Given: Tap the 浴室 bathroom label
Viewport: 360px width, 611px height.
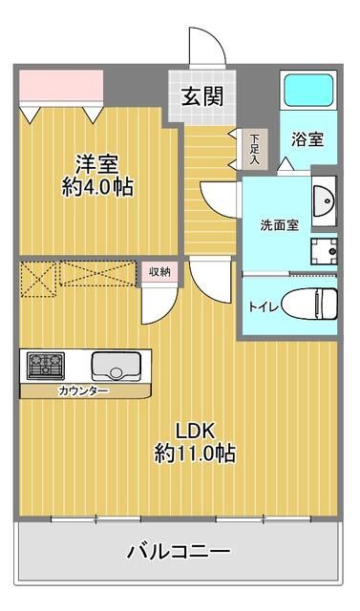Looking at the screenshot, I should pos(307,137).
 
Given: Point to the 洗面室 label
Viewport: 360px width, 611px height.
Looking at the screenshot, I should pos(281,225).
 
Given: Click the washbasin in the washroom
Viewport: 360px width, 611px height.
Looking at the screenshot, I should pos(325,201).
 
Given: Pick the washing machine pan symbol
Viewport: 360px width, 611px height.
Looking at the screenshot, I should pos(323,251).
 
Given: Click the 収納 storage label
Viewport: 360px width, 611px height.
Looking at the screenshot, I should pos(159,272).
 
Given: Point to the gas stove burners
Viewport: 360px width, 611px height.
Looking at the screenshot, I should pos(44,365).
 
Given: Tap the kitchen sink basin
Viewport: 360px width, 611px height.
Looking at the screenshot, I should pos(116,365).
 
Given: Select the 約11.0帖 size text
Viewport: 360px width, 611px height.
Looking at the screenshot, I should pos(195,453).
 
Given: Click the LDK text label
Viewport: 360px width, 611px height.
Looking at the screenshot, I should pos(195,429).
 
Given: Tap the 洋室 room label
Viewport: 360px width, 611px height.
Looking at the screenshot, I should pos(94,160).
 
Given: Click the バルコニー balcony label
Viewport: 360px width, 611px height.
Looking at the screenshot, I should pos(179,552).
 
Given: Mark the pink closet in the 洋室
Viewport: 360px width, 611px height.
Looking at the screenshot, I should pos(60,87).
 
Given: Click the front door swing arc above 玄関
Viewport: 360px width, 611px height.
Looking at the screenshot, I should pos(203,46).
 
